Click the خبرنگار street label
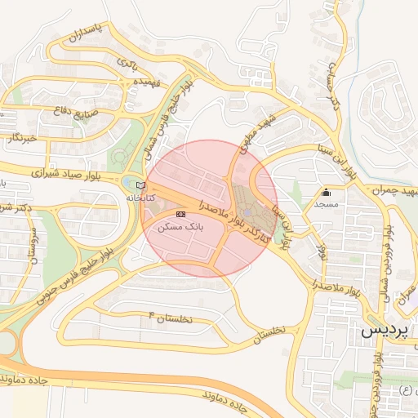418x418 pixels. pos(20,138)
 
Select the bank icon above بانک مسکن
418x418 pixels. pos(180,213)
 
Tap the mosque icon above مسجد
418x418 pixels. pos(327,193)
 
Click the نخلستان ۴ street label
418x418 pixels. pos(171,318)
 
